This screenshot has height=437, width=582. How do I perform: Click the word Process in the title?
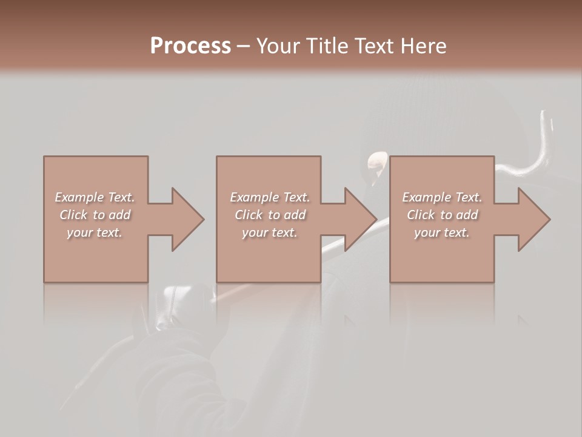point(190,46)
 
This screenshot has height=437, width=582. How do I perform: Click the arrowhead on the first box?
point(185,219)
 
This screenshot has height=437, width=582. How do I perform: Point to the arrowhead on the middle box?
point(358,219)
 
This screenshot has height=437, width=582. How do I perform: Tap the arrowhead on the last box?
point(531,219)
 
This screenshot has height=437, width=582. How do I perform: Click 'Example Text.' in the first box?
point(95,197)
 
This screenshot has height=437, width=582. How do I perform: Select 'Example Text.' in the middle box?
point(270,197)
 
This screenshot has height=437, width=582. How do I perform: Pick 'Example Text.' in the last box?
point(442,197)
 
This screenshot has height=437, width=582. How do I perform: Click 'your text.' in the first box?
point(95,232)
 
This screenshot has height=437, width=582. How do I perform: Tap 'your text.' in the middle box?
point(270,232)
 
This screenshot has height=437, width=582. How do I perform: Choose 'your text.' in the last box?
point(442,232)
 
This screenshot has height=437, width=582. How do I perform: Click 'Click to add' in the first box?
point(95,215)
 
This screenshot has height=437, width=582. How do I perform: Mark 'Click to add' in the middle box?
point(270,215)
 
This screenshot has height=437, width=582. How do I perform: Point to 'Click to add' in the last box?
point(442,215)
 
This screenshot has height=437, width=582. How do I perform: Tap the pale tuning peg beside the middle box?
point(376,161)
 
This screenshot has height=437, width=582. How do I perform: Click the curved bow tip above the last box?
point(545,127)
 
